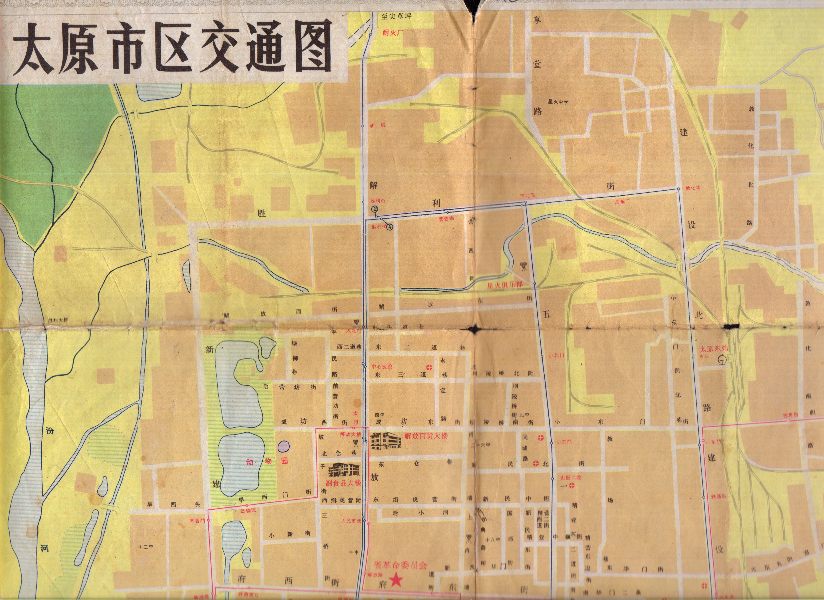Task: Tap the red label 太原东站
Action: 713,348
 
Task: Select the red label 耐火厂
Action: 393,32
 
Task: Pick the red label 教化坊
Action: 693,188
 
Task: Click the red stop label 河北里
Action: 527,196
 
